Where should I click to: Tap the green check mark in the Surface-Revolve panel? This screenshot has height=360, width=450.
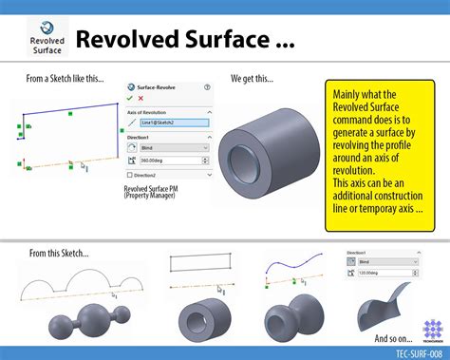pyautogui.click(x=130, y=98)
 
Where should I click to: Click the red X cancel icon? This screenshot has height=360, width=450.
pyautogui.click(x=141, y=98)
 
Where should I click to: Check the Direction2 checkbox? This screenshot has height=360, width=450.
pyautogui.click(x=130, y=176)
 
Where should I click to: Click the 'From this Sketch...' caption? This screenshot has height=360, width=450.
pyautogui.click(x=59, y=253)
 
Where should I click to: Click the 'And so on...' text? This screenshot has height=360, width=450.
pyautogui.click(x=393, y=338)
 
